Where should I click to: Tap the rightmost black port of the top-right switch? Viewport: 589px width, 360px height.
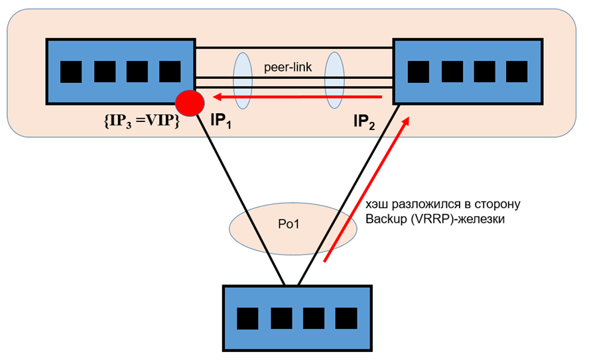pos(516,72)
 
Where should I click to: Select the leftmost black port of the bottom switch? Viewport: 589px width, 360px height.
pos(248,318)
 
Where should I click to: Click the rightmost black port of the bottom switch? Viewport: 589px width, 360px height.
pos(345,318)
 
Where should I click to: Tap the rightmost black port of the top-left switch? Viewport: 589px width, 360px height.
pos(170,72)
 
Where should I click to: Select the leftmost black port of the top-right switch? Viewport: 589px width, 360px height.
pos(418,72)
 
